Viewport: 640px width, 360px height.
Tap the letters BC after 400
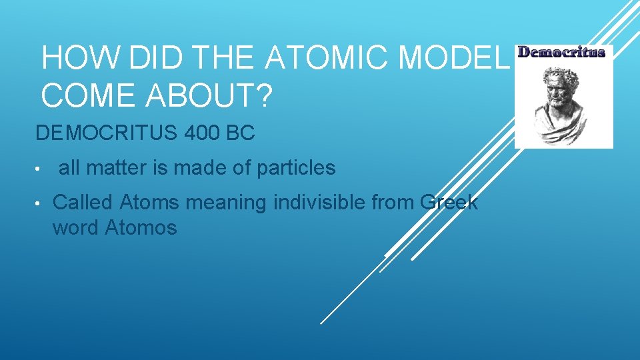pos(241,133)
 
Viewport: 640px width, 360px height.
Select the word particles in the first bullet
pos(294,168)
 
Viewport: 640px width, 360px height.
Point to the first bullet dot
pos(41,169)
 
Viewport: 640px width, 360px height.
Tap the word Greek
pos(450,202)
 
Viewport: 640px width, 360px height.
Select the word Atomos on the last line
pos(141,228)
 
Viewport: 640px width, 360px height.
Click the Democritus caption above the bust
pos(562,52)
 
